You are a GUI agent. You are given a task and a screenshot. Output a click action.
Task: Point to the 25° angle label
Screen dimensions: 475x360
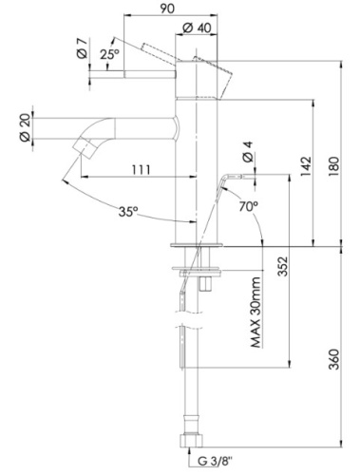coord(109,56)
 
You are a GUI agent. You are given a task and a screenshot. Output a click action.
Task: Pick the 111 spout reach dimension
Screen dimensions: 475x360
coord(140,170)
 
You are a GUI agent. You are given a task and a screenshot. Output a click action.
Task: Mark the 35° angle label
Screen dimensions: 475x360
coord(129,212)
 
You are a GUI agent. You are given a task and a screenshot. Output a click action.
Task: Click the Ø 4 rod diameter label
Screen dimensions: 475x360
coord(247,151)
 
